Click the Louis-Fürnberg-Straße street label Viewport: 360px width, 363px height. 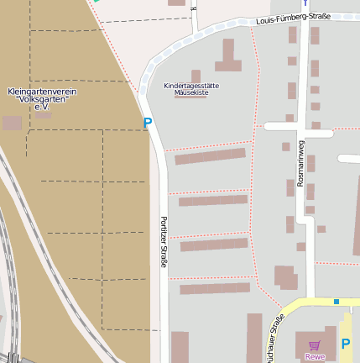point(293,18)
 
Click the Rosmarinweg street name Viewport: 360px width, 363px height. point(300,163)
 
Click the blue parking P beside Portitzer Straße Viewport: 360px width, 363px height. point(148,124)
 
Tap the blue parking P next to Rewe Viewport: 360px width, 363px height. point(346,343)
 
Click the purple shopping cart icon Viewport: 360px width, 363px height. point(315,345)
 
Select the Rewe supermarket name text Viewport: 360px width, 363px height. point(315,356)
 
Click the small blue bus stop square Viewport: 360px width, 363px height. point(337,302)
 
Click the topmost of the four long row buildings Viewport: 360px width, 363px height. point(210,156)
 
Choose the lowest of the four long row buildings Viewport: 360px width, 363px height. point(215,288)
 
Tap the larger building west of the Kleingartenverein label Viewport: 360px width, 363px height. point(12,123)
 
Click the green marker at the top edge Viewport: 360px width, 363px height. point(97,1)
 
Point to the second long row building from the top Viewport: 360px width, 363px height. point(213,200)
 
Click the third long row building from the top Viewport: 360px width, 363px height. point(214,245)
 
